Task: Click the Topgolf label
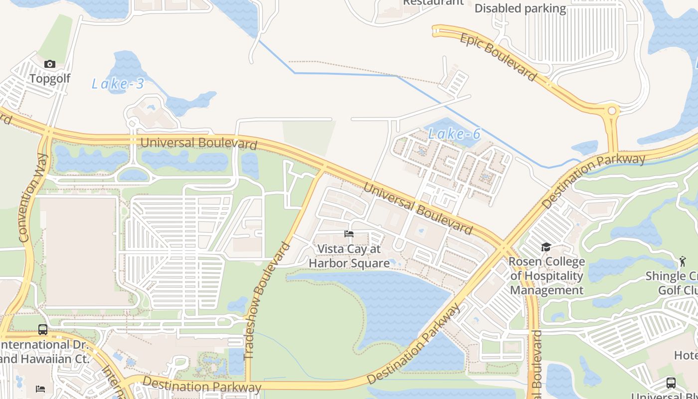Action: (50, 79)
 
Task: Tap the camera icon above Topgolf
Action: (50, 64)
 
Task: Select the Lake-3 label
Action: (118, 84)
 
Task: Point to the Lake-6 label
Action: (454, 134)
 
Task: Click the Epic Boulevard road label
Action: (498, 57)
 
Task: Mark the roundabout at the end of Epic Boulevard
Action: (612, 110)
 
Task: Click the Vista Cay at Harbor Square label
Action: (349, 256)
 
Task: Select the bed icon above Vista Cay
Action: (349, 233)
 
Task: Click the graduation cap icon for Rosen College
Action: (546, 247)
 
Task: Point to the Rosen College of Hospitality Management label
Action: (546, 276)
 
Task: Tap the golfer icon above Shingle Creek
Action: (682, 260)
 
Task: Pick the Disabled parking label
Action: (520, 8)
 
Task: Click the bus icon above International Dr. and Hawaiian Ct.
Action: (43, 330)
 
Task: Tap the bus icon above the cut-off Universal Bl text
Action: (671, 383)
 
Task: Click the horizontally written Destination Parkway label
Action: (201, 385)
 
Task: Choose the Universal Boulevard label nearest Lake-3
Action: (198, 143)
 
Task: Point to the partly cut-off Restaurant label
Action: (433, 2)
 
